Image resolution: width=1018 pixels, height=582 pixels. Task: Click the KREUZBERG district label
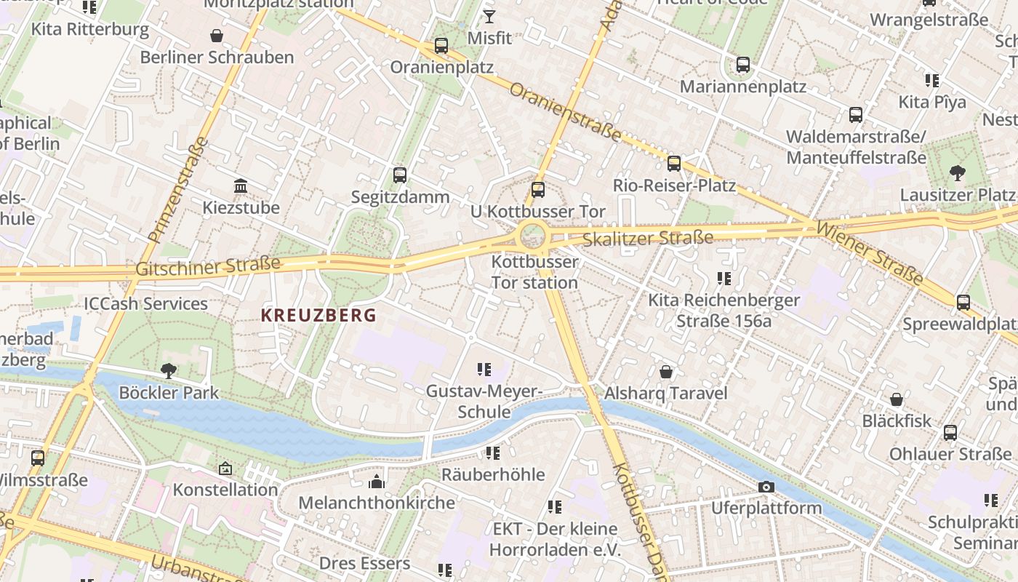[318, 315]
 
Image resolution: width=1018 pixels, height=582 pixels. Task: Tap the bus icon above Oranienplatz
[441, 46]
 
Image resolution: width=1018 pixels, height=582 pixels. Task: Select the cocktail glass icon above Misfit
[489, 16]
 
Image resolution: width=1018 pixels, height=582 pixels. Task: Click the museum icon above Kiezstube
[241, 186]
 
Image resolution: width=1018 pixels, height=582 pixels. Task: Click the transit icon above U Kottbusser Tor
[537, 190]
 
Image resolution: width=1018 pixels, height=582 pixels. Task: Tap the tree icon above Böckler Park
[169, 370]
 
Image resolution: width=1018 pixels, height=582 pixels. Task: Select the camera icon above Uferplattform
[766, 487]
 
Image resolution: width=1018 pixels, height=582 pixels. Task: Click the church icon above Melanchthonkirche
[376, 482]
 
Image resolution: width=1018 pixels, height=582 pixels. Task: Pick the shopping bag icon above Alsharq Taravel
[665, 372]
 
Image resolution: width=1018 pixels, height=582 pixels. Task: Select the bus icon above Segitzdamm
[399, 175]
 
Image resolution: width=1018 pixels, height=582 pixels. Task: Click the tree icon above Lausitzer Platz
[957, 172]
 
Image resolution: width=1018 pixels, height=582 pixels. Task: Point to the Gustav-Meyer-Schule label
[484, 402]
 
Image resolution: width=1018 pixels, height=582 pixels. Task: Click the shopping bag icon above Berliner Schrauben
[216, 35]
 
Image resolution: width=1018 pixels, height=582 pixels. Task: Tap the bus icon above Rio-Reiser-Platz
[674, 163]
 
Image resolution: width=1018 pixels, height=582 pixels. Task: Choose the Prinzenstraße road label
[177, 190]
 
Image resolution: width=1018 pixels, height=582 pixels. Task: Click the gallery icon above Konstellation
[225, 469]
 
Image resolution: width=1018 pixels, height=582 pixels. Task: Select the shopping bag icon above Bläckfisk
[897, 399]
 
